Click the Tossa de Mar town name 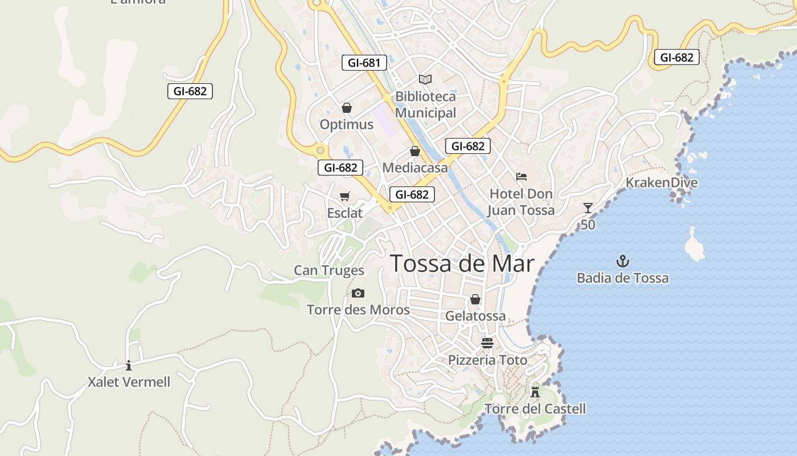(462, 264)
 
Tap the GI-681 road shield (364, 63)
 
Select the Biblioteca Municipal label (425, 105)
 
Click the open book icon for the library (425, 79)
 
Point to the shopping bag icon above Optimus (346, 108)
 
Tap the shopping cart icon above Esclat (344, 197)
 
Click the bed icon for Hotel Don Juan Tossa (521, 177)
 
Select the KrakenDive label (662, 183)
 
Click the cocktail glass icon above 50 (588, 208)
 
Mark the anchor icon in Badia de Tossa (623, 262)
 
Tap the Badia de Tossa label (623, 278)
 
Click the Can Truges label (329, 270)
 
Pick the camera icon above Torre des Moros (358, 294)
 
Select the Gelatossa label (475, 316)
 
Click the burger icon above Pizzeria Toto (487, 343)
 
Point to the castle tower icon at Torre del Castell (535, 392)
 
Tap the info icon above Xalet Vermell (129, 365)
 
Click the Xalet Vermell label (129, 382)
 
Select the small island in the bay (695, 245)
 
